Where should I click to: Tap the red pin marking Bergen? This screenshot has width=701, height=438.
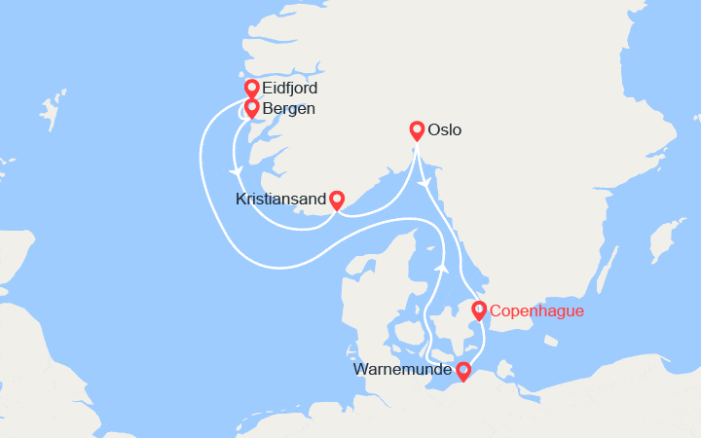(251, 108)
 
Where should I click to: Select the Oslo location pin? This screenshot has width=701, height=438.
(417, 130)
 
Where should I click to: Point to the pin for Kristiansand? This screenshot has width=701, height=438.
(336, 200)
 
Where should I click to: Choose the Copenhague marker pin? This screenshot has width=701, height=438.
(478, 310)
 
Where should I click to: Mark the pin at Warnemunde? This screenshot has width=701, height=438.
(463, 371)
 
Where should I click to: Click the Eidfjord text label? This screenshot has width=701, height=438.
(290, 89)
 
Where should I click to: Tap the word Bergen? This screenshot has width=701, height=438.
(288, 108)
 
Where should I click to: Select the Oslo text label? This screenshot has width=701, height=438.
(444, 129)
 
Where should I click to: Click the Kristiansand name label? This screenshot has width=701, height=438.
(280, 200)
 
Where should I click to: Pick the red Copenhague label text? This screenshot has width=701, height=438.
(536, 311)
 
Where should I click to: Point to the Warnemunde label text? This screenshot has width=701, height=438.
(402, 371)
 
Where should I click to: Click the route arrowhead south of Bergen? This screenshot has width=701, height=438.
(236, 171)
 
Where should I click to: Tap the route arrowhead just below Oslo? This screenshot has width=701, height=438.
(424, 182)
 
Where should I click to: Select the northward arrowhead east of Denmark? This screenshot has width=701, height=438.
(441, 265)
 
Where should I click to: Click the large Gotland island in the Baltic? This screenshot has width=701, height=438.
(668, 238)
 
